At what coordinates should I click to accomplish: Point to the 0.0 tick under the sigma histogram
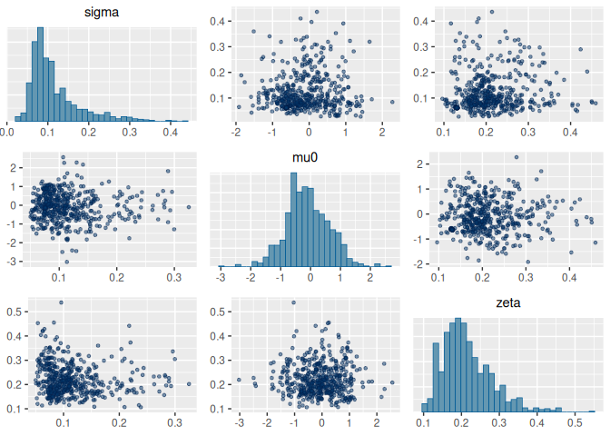[8, 131]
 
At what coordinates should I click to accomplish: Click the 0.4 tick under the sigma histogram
[170, 131]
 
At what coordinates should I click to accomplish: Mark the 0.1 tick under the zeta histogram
[424, 423]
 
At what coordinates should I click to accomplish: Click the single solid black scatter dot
[452, 230]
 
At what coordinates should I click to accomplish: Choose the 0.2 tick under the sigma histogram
[89, 131]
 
